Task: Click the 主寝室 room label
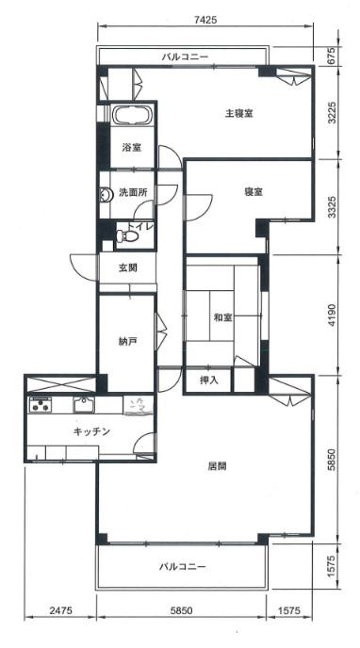(x=238, y=113)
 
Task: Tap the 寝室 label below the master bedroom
(x=254, y=192)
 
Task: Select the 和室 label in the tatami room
(x=222, y=317)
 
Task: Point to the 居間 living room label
(x=217, y=466)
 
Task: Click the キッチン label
(x=91, y=432)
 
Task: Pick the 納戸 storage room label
(x=125, y=341)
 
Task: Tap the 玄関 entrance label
(x=128, y=267)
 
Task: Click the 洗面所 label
(x=131, y=192)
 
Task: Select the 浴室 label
(x=132, y=147)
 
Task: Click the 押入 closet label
(x=208, y=381)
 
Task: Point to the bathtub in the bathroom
(x=132, y=115)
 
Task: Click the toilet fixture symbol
(x=127, y=236)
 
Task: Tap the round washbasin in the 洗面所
(x=105, y=195)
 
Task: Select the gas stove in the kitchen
(x=40, y=404)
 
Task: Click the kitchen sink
(x=84, y=405)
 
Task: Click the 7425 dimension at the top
(x=205, y=19)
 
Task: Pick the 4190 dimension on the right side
(x=333, y=316)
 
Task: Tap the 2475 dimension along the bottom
(x=60, y=609)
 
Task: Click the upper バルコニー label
(x=185, y=57)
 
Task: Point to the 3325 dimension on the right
(x=333, y=206)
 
